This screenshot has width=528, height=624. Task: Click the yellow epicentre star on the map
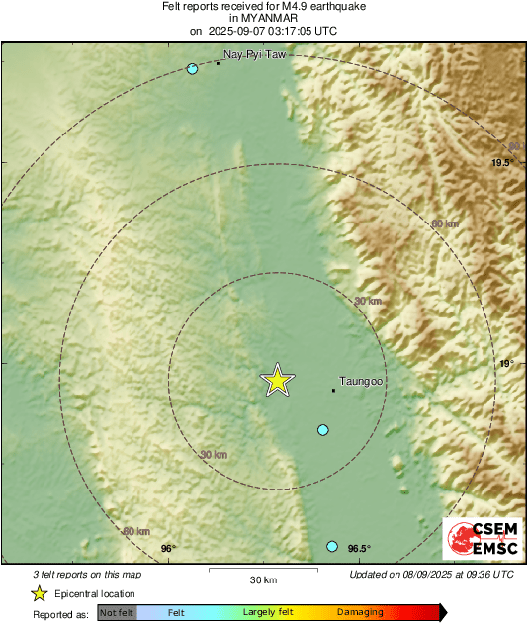[278, 380]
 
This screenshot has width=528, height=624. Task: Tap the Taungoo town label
[361, 380]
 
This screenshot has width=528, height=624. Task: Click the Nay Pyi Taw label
[255, 55]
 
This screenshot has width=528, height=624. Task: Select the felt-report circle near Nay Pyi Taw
[193, 69]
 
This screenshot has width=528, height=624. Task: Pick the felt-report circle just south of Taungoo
[322, 429]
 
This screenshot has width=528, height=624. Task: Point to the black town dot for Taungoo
[333, 390]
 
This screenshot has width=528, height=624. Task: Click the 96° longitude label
[167, 549]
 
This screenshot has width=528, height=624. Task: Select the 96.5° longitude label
[357, 549]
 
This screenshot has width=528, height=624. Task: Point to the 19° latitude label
[505, 364]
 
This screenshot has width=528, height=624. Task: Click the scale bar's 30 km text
[263, 579]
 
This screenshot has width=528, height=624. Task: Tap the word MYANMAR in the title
[263, 18]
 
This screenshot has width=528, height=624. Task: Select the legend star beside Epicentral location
[39, 593]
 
